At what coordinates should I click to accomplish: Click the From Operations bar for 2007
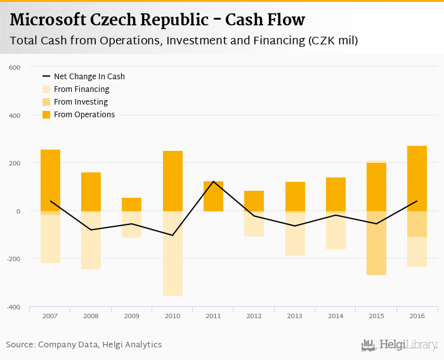[50, 180]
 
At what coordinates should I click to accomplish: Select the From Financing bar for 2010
[173, 254]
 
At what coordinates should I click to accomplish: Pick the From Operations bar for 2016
[417, 178]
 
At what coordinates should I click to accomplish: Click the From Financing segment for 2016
[417, 252]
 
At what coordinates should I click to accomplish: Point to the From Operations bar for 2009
[132, 204]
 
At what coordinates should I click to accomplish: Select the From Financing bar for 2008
[91, 240]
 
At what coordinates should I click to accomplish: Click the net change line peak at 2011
[213, 182]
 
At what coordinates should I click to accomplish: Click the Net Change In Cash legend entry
[89, 77]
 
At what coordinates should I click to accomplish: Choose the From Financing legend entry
[81, 89]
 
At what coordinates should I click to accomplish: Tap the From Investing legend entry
[81, 102]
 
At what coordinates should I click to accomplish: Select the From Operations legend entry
[84, 115]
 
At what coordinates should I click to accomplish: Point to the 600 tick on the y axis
[15, 67]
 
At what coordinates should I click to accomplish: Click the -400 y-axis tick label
[13, 307]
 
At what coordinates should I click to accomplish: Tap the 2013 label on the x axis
[295, 315]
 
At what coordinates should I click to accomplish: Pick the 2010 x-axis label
[173, 315]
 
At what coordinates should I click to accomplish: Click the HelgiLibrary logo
[399, 345]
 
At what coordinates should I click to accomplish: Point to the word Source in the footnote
[20, 345]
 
